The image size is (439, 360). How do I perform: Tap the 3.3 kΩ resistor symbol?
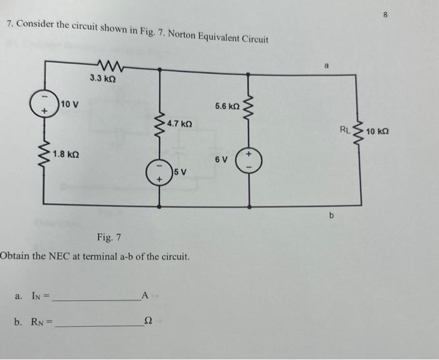pos(101,65)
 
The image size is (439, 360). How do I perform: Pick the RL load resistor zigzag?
pos(358,132)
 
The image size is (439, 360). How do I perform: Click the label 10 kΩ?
pos(378,131)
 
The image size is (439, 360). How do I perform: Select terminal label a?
pos(326,65)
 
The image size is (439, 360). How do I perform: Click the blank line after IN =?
pos(97,300)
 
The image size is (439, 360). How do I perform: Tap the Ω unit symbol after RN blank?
pos(149,320)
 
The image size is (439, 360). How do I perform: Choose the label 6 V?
pos(221,161)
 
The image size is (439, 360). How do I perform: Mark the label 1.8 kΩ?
pos(66,154)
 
